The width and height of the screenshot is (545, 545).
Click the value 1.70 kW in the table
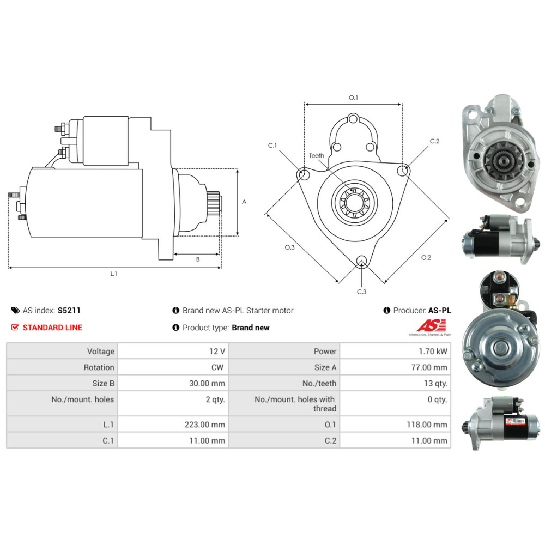pyautogui.click(x=433, y=352)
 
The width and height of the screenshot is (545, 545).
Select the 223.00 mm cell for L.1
pyautogui.click(x=205, y=425)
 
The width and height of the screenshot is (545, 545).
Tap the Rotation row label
pyautogui.click(x=99, y=367)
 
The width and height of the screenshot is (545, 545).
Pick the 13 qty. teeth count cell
pyautogui.click(x=435, y=383)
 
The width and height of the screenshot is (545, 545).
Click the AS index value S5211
pyautogui.click(x=69, y=311)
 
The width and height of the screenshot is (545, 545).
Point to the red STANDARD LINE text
pyautogui.click(x=52, y=328)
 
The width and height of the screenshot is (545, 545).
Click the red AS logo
pyautogui.click(x=431, y=326)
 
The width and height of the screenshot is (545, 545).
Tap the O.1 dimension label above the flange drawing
pyautogui.click(x=353, y=98)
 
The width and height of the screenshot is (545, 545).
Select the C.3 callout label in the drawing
pyautogui.click(x=361, y=292)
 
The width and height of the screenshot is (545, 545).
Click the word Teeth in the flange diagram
pyautogui.click(x=316, y=156)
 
